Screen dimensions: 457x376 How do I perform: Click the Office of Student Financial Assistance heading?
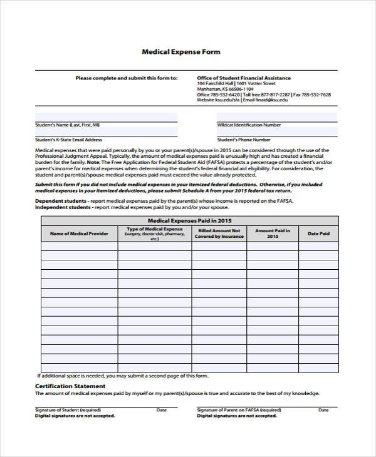pyautogui.click(x=244, y=78)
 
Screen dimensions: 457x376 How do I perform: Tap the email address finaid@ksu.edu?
pyautogui.click(x=272, y=100)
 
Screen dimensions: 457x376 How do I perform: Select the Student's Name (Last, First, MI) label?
pyautogui.click(x=67, y=125)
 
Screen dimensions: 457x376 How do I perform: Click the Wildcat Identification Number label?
pyautogui.click(x=249, y=125)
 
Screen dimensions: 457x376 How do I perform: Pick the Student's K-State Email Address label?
pyautogui.click(x=68, y=140)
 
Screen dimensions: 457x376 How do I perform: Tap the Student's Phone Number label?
pyautogui.click(x=244, y=140)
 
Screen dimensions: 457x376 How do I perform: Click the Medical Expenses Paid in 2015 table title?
pyautogui.click(x=189, y=220)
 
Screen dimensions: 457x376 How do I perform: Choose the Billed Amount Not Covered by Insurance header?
pyautogui.click(x=219, y=234)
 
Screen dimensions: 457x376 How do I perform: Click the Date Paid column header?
pyautogui.click(x=318, y=234)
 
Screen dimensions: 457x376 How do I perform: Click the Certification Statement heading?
pyautogui.click(x=70, y=386)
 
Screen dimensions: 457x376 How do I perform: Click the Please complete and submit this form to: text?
pyautogui.click(x=126, y=78)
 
